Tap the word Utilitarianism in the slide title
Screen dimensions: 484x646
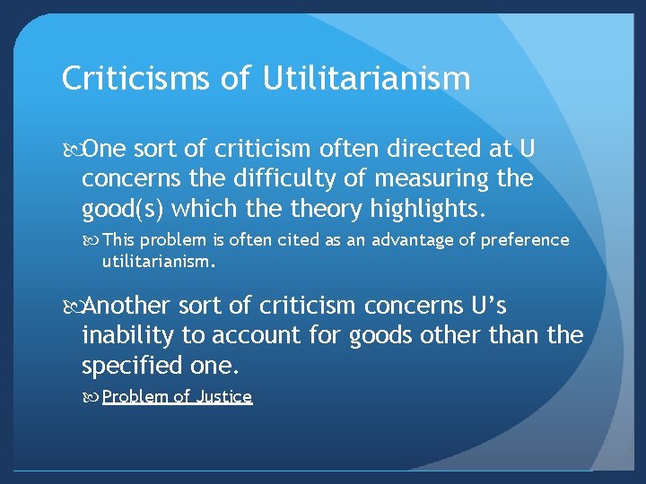(367, 79)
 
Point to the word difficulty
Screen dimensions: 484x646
(275, 179)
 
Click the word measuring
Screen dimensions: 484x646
(426, 179)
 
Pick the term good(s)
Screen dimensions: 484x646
(122, 209)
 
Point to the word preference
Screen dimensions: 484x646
(525, 240)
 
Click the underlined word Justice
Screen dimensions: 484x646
(223, 396)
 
